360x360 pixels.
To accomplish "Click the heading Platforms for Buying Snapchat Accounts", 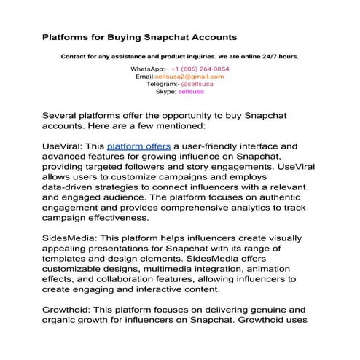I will tap(139, 36).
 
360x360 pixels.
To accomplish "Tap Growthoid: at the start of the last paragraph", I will tap(69, 309).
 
